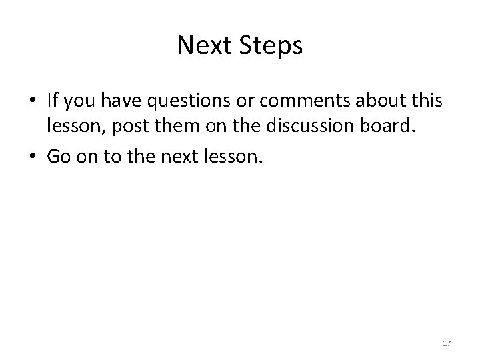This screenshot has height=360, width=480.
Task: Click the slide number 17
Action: [x=447, y=343]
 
